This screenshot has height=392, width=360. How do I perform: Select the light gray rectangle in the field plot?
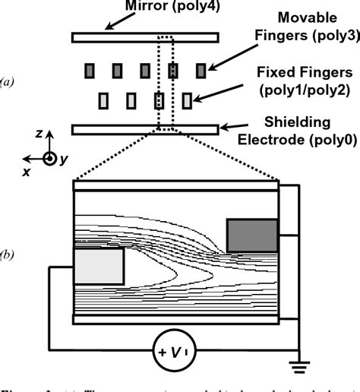[99, 266]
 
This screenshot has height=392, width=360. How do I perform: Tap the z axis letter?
[39, 134]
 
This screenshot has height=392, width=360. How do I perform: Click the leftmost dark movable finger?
[90, 71]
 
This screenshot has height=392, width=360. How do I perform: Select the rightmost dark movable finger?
[201, 71]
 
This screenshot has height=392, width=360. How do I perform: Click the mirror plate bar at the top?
[144, 37]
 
